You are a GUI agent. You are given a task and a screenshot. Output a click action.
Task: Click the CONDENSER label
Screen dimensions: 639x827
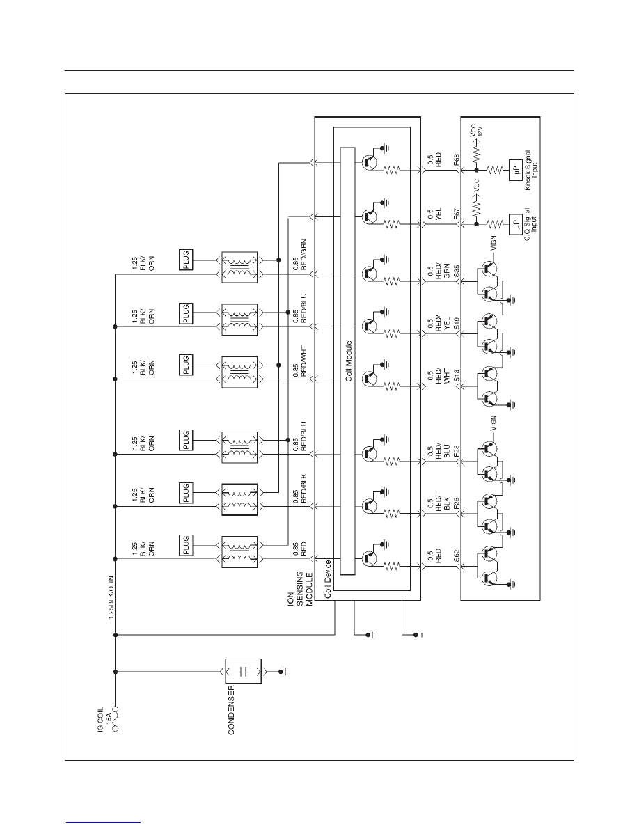(x=230, y=710)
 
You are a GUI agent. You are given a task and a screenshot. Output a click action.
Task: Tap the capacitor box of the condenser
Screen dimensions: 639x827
(x=243, y=671)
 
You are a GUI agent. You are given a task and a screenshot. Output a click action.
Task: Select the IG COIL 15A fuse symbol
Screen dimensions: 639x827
(x=115, y=718)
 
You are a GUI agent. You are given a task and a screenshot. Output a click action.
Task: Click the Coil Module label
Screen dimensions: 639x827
(x=349, y=361)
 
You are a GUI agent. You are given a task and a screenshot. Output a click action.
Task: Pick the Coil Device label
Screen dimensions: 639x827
(x=327, y=578)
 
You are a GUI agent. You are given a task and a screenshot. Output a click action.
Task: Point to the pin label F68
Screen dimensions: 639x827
(x=457, y=160)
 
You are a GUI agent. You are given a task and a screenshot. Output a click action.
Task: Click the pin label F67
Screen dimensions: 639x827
(x=457, y=214)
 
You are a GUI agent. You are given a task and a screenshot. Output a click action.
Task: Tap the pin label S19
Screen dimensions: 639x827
(x=457, y=324)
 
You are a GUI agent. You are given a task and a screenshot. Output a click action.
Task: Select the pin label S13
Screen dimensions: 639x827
(x=457, y=376)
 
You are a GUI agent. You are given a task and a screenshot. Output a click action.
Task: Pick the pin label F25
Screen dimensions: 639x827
(x=457, y=451)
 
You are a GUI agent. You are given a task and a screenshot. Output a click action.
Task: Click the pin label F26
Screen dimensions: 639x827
(x=457, y=504)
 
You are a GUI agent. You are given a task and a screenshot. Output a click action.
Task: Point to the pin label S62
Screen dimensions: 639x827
(x=457, y=556)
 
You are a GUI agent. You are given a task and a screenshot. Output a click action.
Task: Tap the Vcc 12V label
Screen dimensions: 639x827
(x=476, y=129)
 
